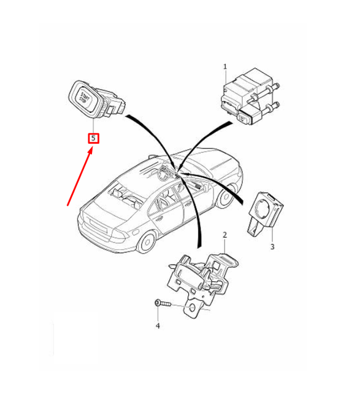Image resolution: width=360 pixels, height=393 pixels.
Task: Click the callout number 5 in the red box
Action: pyautogui.click(x=93, y=138)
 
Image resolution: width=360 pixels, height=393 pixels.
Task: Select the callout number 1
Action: pyautogui.click(x=225, y=66)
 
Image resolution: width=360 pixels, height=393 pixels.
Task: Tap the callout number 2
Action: pyautogui.click(x=224, y=235)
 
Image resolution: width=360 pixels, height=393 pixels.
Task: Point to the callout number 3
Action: pyautogui.click(x=272, y=247)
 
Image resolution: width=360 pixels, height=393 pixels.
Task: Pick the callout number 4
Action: pyautogui.click(x=158, y=325)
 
